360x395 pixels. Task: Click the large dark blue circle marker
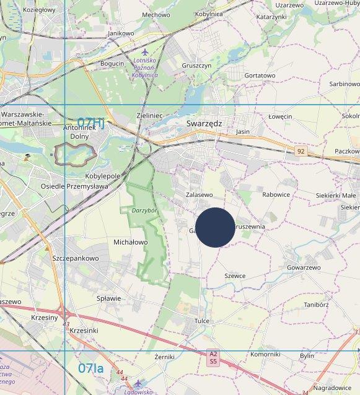215,227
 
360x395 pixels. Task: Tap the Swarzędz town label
204,124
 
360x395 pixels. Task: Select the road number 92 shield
301,151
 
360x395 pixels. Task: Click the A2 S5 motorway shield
213,357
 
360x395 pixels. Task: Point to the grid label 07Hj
90,123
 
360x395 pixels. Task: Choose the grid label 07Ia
91,368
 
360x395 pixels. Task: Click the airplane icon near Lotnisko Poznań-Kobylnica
146,52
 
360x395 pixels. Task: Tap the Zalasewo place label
199,194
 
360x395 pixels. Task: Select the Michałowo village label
131,241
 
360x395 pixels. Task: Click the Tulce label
202,321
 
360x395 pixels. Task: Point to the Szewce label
235,276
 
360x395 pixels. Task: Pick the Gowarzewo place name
304,267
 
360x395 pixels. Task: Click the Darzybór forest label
145,211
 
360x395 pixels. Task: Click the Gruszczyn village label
197,65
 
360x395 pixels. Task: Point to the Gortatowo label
260,76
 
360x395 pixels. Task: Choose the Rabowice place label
276,194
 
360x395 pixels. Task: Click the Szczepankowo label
76,258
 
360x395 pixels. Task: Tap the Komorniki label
265,354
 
